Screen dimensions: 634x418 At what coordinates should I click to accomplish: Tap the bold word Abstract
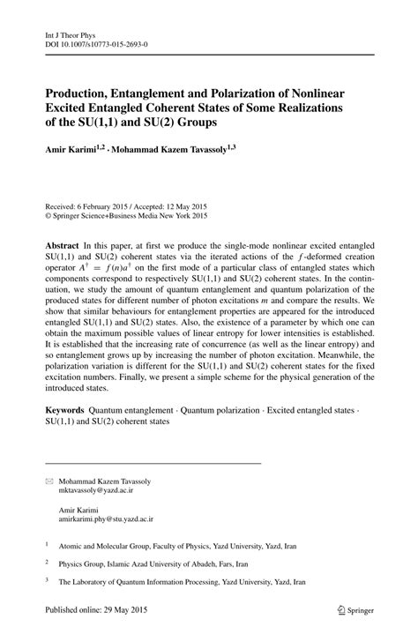(63, 242)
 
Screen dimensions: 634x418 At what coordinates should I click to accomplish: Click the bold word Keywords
(65, 412)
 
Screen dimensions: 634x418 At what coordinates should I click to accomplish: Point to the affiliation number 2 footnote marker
(47, 562)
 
